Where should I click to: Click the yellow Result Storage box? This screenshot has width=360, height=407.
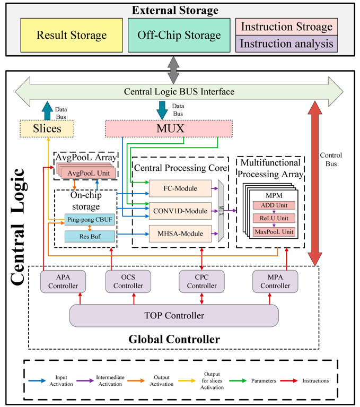pyautogui.click(x=72, y=35)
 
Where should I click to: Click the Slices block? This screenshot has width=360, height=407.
pyautogui.click(x=47, y=128)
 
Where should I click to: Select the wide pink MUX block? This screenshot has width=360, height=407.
pyautogui.click(x=169, y=128)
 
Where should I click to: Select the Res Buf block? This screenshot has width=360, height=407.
pyautogui.click(x=86, y=236)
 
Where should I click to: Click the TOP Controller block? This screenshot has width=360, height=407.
pyautogui.click(x=174, y=316)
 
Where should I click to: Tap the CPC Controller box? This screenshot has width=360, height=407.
pyautogui.click(x=200, y=281)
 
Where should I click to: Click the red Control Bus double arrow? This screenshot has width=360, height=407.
pyautogui.click(x=314, y=183)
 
